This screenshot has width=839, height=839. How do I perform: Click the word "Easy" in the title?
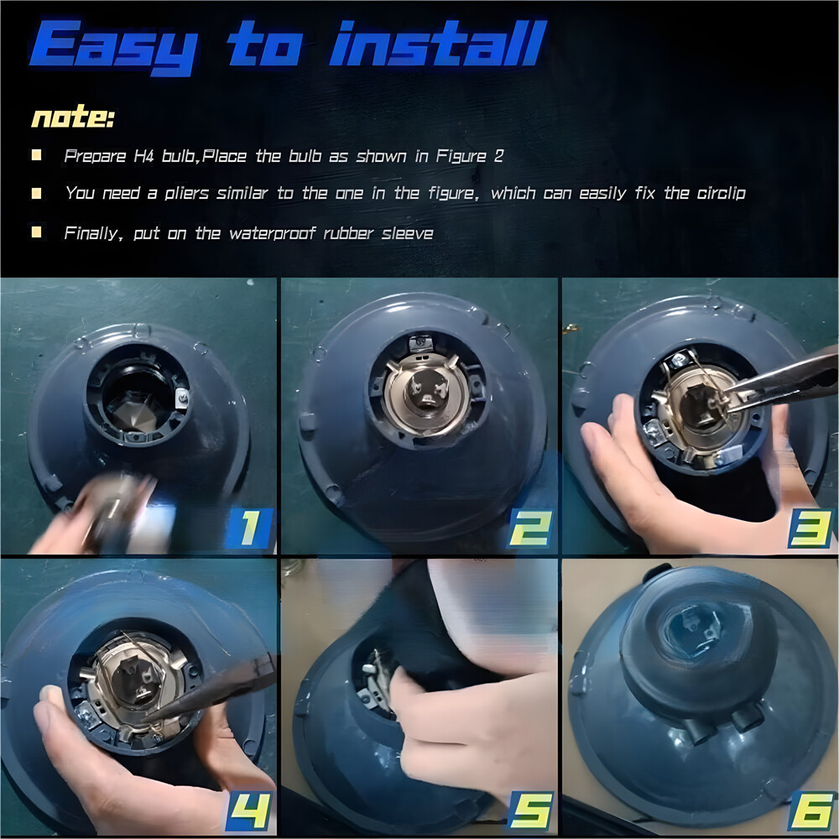tap(114, 47)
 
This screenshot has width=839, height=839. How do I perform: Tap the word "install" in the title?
tap(438, 43)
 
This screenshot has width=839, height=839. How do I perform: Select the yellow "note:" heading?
tap(73, 116)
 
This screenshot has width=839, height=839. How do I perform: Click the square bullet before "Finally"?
tap(36, 232)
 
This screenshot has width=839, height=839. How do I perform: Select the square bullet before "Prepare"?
tap(36, 155)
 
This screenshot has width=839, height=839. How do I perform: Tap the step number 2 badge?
tap(529, 528)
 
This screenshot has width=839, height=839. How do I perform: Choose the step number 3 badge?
tap(810, 529)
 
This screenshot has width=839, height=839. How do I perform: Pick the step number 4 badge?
tap(249, 810)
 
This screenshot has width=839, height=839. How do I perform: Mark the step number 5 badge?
tap(529, 810)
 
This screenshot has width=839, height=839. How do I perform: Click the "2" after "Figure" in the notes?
tap(498, 156)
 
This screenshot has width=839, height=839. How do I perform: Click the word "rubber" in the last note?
tap(348, 233)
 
